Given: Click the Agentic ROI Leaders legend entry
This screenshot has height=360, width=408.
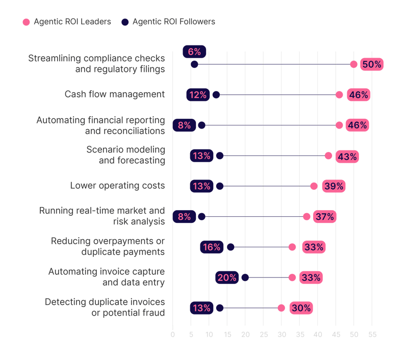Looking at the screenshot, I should (x=67, y=22).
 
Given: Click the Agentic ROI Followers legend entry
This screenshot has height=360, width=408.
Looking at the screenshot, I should (x=168, y=22).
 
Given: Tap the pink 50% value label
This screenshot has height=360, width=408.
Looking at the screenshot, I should (x=372, y=64).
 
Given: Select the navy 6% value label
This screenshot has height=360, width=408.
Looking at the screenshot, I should (x=194, y=51).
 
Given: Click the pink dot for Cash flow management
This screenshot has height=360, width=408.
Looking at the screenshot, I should (x=340, y=95).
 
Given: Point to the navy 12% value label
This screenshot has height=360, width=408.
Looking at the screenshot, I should (x=198, y=95).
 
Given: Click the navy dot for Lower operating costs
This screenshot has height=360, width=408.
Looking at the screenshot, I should (x=220, y=186).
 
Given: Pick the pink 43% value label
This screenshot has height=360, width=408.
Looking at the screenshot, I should (x=347, y=156).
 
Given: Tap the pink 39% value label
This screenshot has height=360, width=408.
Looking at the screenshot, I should (x=333, y=186).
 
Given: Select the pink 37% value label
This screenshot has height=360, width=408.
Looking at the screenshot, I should (x=325, y=217).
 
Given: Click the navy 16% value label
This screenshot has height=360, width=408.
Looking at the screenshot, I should (x=212, y=247).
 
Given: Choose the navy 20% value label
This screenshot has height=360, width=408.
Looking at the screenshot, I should (x=227, y=278).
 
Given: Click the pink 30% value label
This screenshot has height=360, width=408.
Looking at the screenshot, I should (x=300, y=308).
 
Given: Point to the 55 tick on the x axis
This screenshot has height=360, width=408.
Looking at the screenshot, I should (x=372, y=335).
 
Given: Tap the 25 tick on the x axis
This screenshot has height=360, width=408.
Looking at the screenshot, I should (x=263, y=335).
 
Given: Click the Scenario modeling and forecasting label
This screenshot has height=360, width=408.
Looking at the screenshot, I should (x=125, y=155).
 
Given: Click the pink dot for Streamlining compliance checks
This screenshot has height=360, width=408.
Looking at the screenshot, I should (x=354, y=64).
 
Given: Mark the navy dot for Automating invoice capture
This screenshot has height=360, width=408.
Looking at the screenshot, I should (x=245, y=277).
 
